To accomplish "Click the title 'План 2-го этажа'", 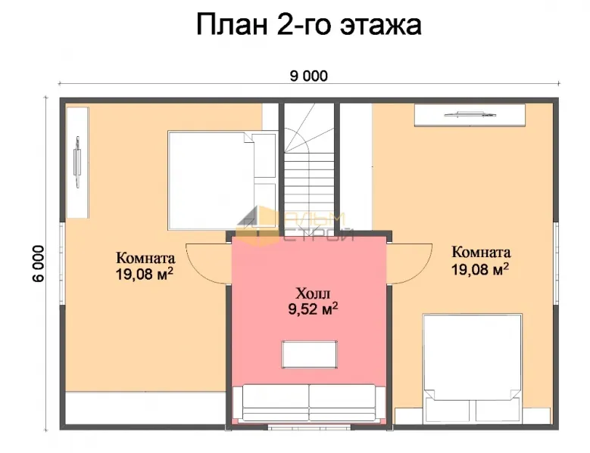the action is (x=308, y=25).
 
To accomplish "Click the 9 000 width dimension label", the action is (x=308, y=76).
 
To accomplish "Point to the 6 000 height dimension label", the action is (x=39, y=263).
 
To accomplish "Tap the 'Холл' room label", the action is (x=313, y=293).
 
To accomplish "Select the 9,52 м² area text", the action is (x=313, y=309).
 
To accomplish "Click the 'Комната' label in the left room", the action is (x=145, y=258).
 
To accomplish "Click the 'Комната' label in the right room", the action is (x=481, y=252).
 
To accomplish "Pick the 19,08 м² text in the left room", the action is (x=145, y=275).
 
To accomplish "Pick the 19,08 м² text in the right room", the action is (x=480, y=269).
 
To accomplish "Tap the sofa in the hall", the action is (x=309, y=402).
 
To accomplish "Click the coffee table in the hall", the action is (x=309, y=354).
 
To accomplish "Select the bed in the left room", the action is (x=222, y=180).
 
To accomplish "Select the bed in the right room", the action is (x=473, y=368).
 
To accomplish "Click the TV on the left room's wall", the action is (x=77, y=162).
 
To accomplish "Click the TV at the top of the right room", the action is (x=470, y=114).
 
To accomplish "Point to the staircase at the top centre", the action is (x=309, y=167).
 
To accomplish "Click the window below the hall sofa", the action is (x=309, y=427).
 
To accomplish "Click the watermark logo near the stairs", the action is (x=295, y=225).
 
